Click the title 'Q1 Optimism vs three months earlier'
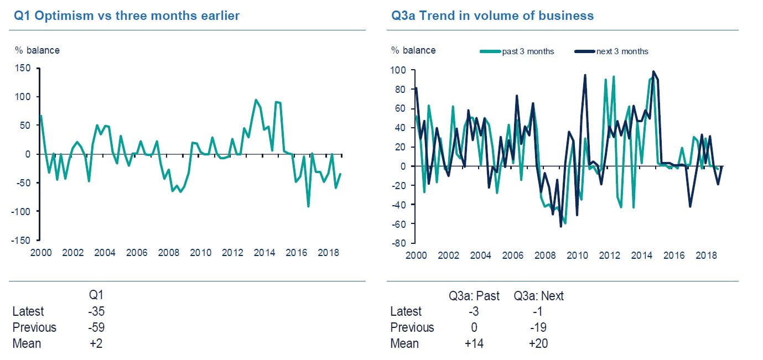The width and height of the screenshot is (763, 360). pos(127,15)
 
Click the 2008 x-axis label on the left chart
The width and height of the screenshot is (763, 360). pos(169,253)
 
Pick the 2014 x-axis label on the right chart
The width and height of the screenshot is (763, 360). pos(641,255)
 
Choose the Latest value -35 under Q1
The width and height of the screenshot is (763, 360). pos(96,311)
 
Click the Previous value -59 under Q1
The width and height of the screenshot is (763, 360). pos(96,327)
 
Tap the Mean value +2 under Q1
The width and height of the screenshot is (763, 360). pos(96,343)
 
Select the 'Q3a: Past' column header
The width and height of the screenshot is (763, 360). pos(474,296)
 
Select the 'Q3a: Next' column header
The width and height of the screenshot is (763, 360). pos(538,296)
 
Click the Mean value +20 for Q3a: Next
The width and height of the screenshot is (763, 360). pos(538,343)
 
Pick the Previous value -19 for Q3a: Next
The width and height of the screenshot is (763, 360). pos(538,327)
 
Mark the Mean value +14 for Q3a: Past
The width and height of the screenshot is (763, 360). pos(474,343)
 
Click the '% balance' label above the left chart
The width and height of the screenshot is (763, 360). pos(37,50)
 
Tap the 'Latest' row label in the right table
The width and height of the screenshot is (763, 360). pos(406,311)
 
